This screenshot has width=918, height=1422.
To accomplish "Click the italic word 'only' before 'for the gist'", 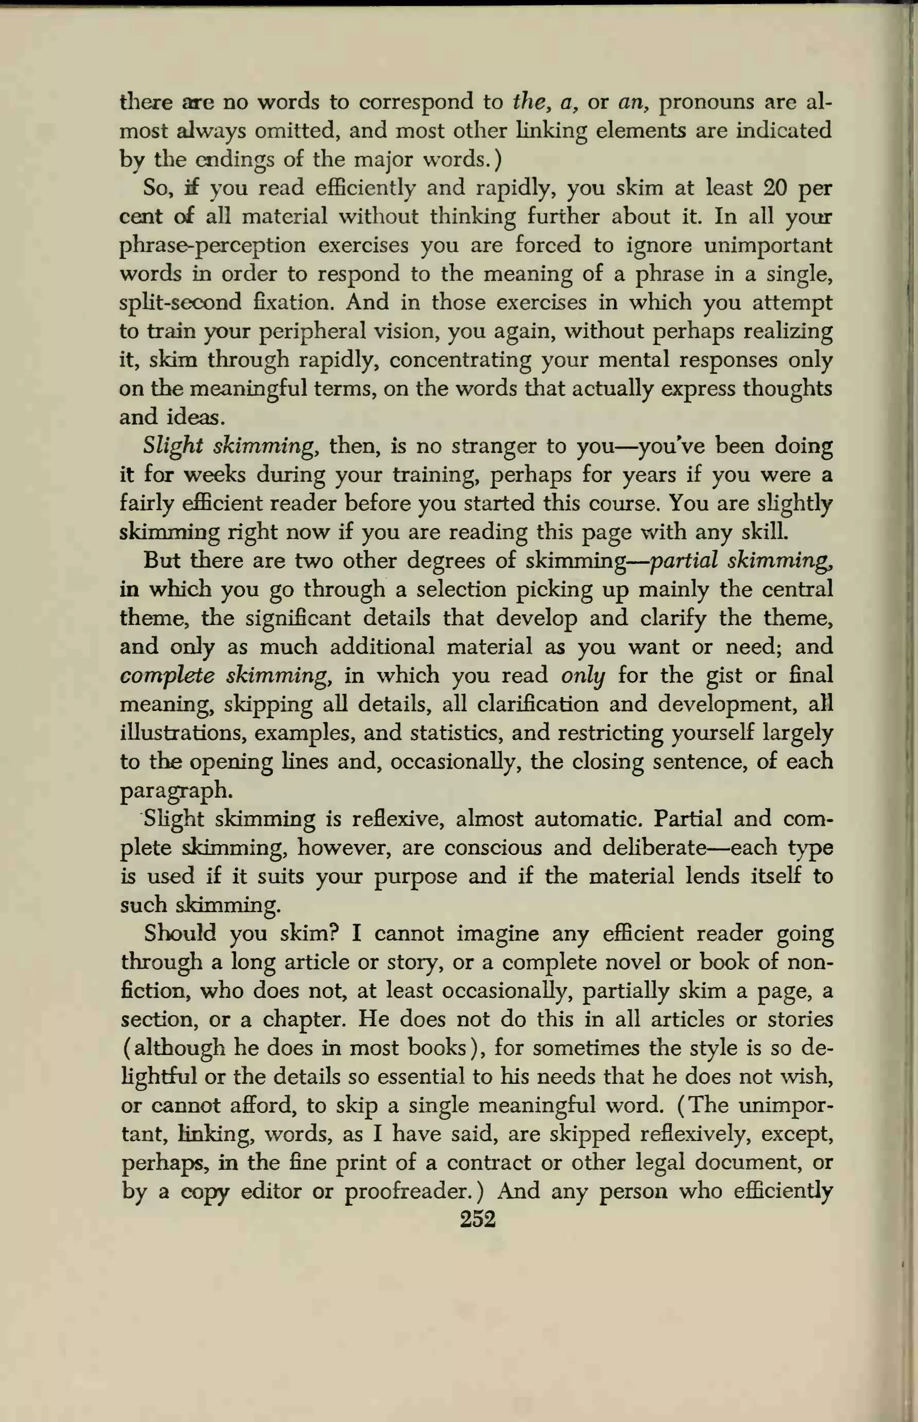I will tap(582, 676).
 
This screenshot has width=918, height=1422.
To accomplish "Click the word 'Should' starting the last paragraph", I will tap(179, 934).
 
